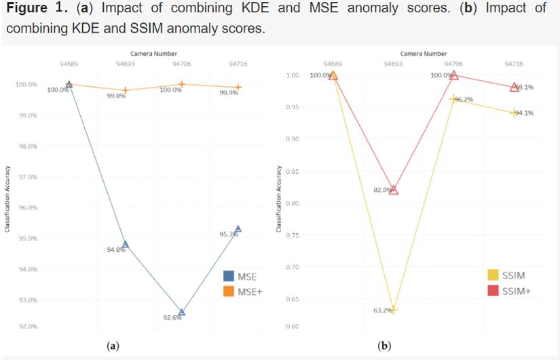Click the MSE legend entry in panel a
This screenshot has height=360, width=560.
click(x=240, y=276)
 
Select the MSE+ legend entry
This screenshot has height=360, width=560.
click(x=242, y=291)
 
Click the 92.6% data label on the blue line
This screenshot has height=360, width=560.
click(x=173, y=318)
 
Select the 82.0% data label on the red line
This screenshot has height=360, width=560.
click(x=382, y=190)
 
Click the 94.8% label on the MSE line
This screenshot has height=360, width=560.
click(x=116, y=250)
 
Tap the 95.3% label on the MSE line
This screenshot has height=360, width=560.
click(x=229, y=234)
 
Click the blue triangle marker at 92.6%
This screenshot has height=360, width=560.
click(x=181, y=312)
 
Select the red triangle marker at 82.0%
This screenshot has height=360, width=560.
click(x=393, y=190)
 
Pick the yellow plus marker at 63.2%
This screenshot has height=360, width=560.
click(x=393, y=310)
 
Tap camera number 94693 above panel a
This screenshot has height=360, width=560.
click(x=125, y=62)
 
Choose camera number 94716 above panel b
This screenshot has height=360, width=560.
click(x=514, y=62)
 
